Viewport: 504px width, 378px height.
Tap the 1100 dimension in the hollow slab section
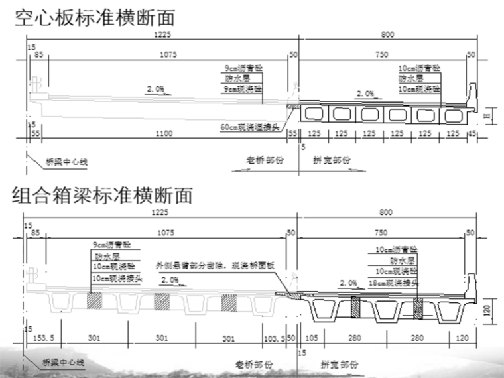tap(162, 133)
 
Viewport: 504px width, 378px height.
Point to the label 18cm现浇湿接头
tap(395, 283)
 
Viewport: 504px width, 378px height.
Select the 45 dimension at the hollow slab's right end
tap(472, 133)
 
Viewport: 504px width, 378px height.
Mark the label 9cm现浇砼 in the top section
tap(243, 88)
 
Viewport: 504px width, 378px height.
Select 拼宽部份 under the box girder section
tap(339, 364)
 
